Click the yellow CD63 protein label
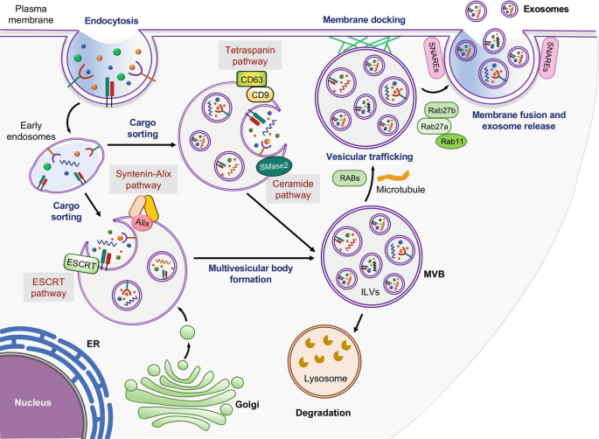click(x=248, y=81)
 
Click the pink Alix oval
click(x=143, y=222)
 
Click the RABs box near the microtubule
click(x=350, y=178)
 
